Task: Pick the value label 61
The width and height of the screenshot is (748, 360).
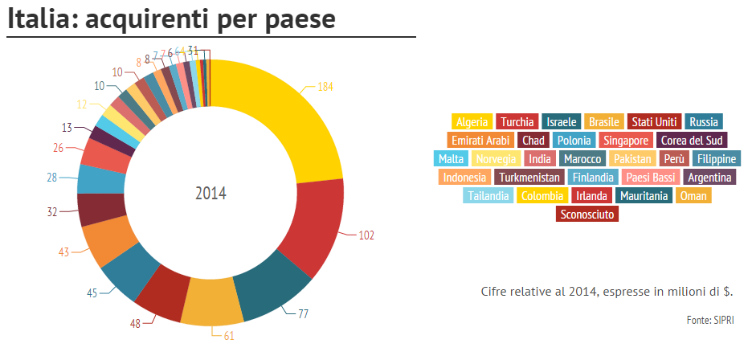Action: pos(229,335)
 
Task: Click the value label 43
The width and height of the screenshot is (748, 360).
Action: pos(64,252)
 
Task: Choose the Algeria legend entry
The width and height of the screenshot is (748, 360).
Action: pos(472,122)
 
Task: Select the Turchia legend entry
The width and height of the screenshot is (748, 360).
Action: pos(517,122)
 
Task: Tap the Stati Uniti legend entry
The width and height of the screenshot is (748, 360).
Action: pos(654,122)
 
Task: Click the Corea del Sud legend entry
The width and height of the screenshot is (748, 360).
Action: pos(693,141)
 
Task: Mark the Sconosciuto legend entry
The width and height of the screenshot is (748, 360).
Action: pos(587,215)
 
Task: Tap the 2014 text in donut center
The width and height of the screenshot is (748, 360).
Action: pos(211,194)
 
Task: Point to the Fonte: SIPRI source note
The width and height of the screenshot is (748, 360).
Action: pos(709,320)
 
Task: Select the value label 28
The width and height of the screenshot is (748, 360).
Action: pos(52,178)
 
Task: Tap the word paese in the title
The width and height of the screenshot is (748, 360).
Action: pos(296,19)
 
